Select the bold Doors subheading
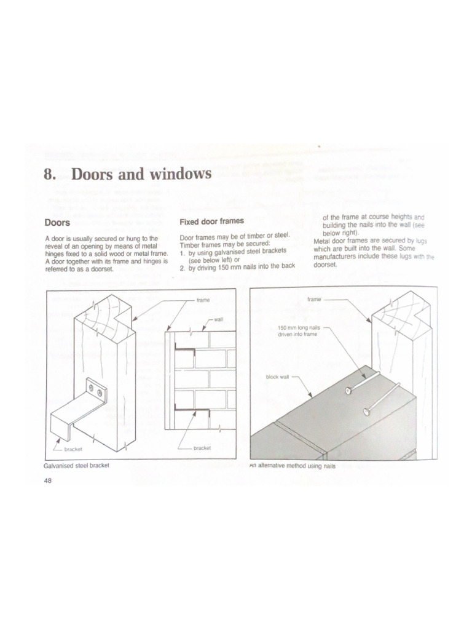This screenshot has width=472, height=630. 57,221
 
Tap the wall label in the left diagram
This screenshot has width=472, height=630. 218,320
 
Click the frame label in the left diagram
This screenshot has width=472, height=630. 203,300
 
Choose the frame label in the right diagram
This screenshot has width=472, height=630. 314,300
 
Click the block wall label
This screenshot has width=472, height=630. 277,377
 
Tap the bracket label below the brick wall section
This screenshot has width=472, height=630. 202,448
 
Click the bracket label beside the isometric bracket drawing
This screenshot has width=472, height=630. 73,450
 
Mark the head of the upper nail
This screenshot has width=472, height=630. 348,389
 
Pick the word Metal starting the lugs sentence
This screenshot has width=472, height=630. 323,241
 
